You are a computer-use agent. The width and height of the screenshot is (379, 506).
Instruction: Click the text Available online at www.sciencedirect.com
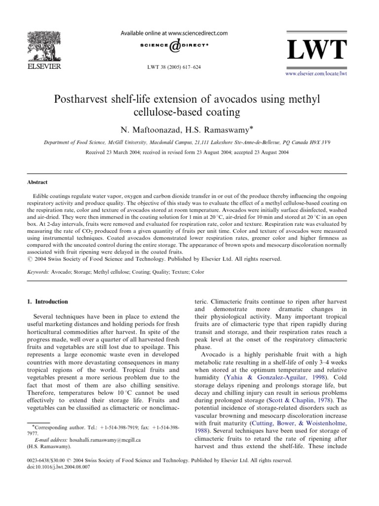pyautogui.click(x=174, y=34)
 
